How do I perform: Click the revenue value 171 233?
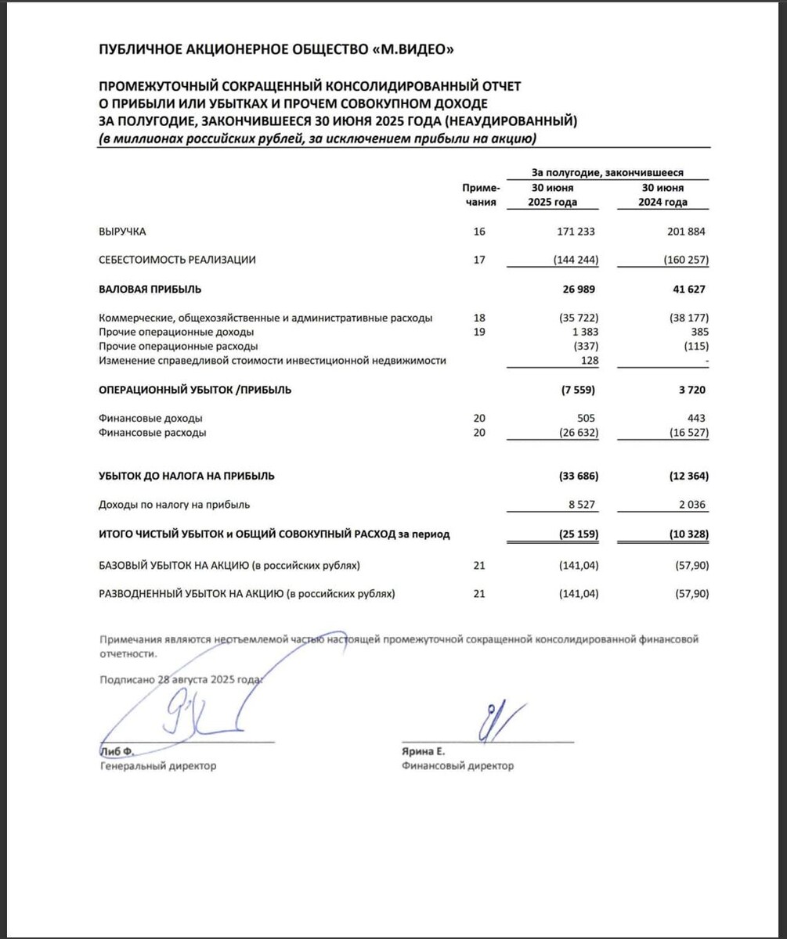coord(576,232)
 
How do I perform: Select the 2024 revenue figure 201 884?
coord(684,232)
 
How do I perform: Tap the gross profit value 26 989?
coord(579,290)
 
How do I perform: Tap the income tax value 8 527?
coord(582,505)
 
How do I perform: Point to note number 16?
coord(479,232)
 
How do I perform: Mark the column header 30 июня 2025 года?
coord(553,195)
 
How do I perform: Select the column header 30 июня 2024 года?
coord(662,195)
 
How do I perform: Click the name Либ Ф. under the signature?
coord(117,752)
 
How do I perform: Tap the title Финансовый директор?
coord(457,766)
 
